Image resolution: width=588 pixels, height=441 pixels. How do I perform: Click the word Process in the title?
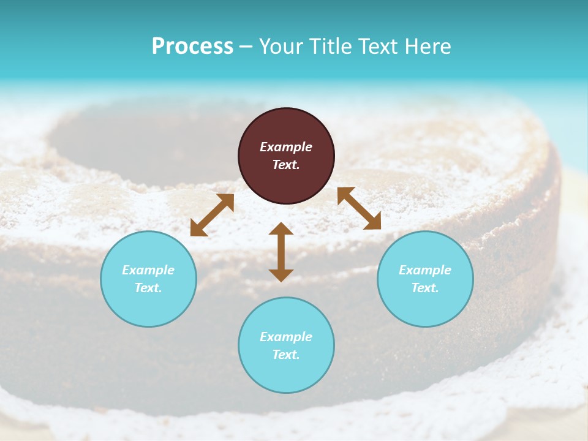(192, 47)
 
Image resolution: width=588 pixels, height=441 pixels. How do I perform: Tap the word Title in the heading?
(330, 47)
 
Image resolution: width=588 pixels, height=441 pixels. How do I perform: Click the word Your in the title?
(281, 47)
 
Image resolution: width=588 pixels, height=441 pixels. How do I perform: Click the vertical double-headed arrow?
(281, 252)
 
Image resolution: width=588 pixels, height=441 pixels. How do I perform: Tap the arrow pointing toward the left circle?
(212, 215)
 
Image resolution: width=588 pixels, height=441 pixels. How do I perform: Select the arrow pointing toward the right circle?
(359, 208)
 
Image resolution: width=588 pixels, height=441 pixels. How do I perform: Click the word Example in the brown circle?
(286, 147)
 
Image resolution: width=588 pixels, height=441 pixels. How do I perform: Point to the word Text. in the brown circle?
(286, 165)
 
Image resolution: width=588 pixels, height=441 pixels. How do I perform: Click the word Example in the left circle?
(148, 270)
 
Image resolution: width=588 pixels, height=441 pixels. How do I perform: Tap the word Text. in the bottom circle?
(286, 355)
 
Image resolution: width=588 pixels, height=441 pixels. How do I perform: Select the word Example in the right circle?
(425, 270)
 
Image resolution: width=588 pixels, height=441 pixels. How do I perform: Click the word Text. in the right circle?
(425, 288)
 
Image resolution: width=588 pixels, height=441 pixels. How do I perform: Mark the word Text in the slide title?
(379, 47)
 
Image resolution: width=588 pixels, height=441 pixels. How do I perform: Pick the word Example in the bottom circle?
(286, 337)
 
